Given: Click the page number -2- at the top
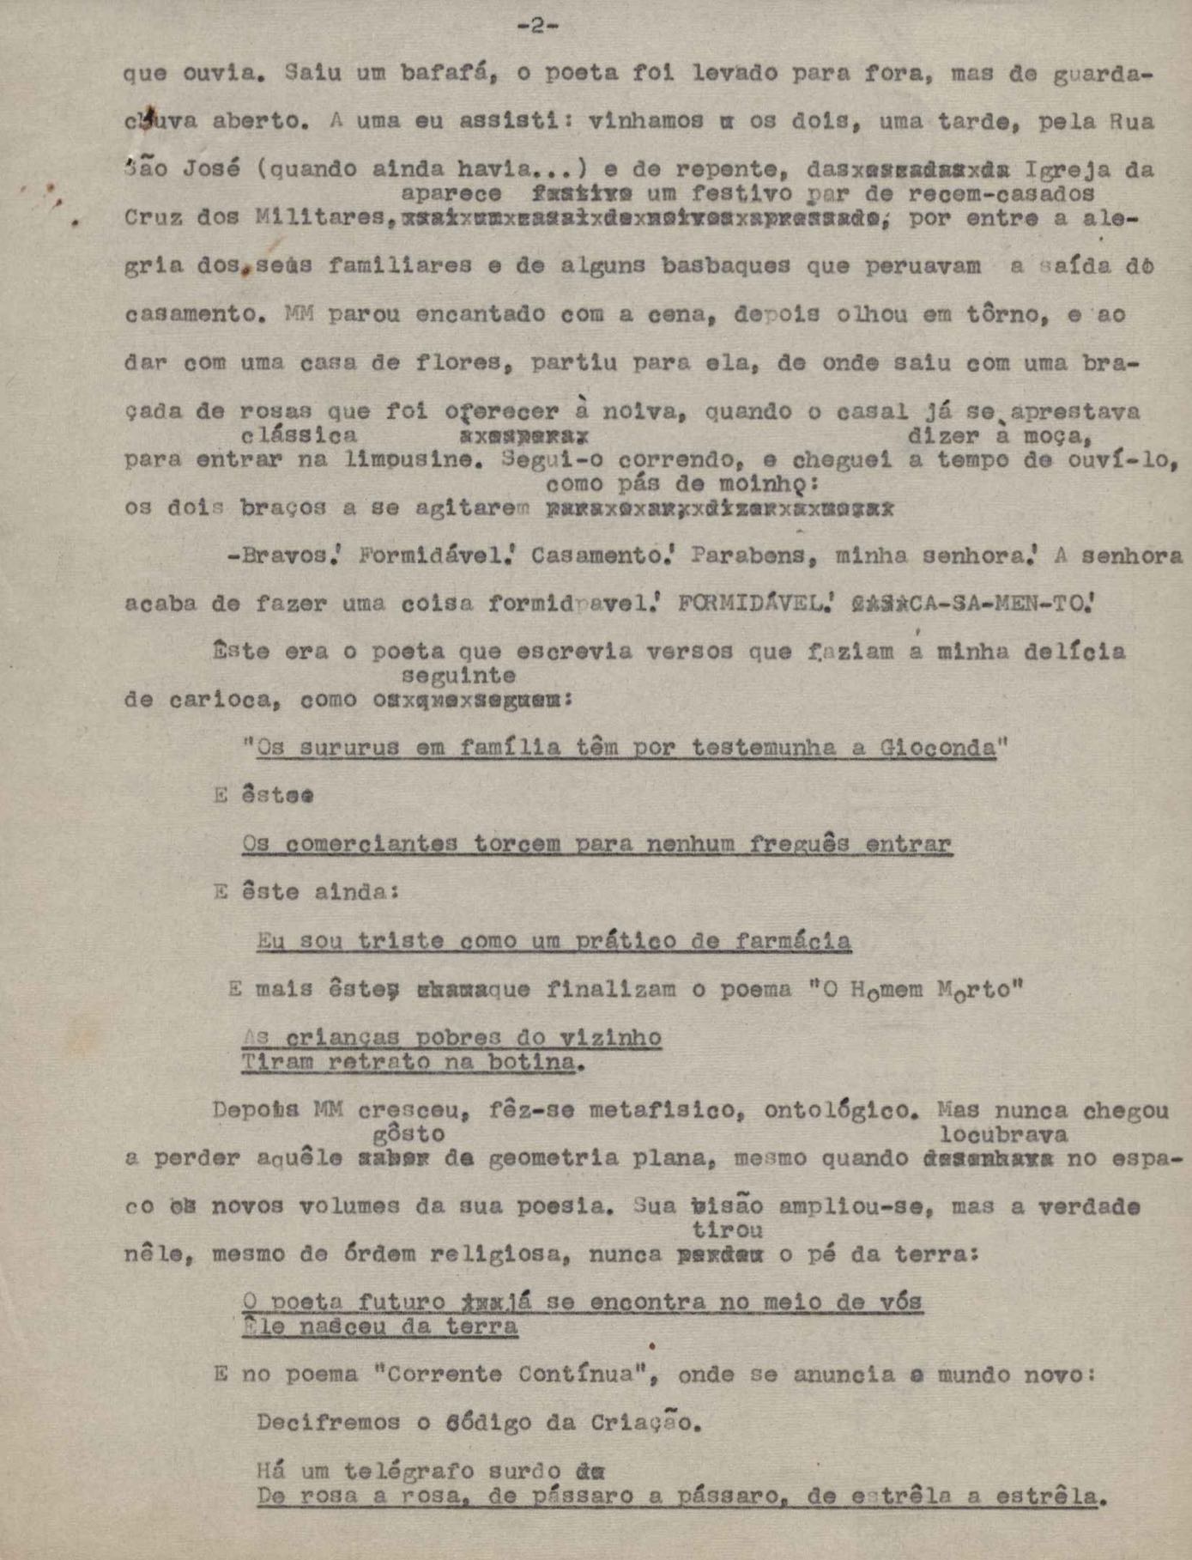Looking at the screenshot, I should coord(538,26).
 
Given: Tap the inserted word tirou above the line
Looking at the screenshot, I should coord(728,1230).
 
